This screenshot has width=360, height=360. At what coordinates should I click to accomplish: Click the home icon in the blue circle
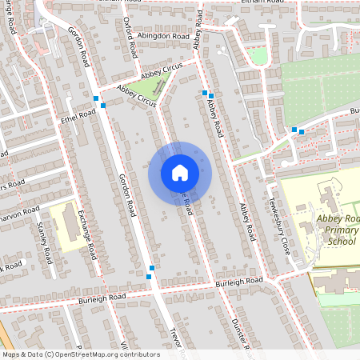(x=180, y=172)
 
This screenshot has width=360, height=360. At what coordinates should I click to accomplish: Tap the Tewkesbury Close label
(x=279, y=219)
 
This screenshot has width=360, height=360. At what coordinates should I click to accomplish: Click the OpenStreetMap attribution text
(x=81, y=354)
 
